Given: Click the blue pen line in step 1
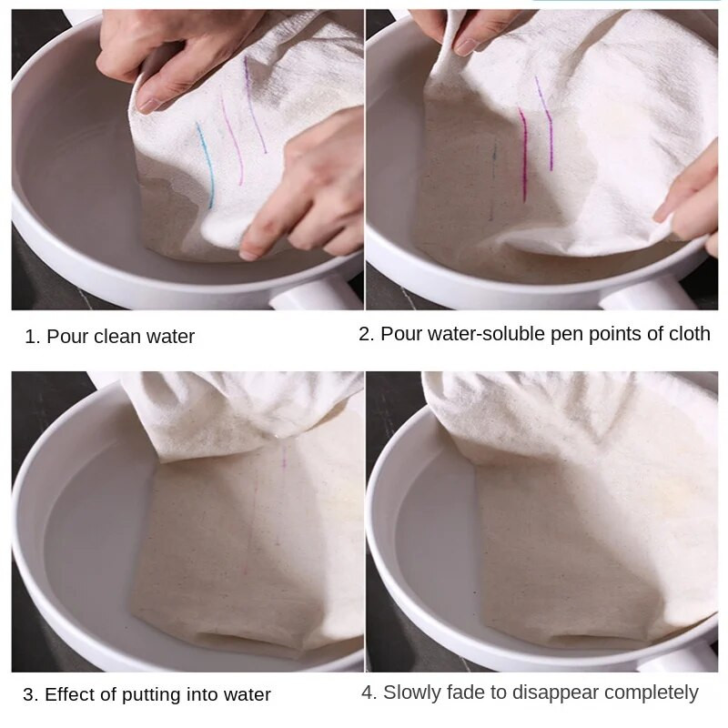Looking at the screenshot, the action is tap(206, 165).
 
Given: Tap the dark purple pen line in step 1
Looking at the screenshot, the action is tap(254, 105).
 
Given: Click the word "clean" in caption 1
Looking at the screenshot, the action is tap(118, 337).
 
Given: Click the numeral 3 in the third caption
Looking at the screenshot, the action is tap(29, 695).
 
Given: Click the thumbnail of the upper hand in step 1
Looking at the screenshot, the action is tap(149, 106).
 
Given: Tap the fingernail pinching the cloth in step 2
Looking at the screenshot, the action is tap(466, 46).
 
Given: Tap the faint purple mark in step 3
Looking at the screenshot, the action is tap(284, 458).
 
